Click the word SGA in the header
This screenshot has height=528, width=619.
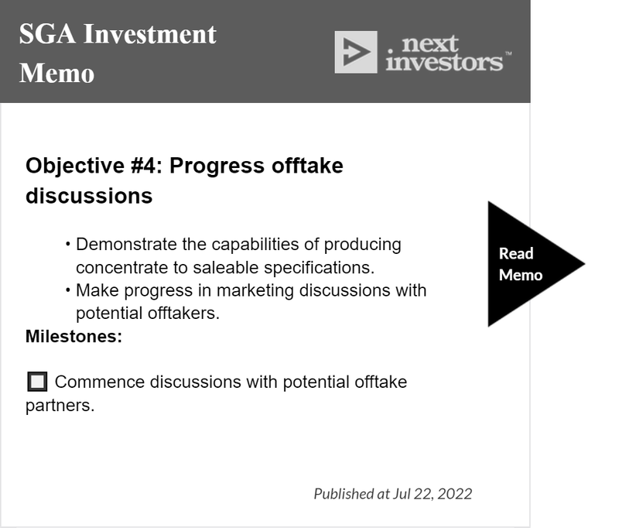(47, 34)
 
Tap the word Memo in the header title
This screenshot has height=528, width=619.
(56, 74)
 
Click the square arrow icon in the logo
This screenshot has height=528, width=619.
(356, 52)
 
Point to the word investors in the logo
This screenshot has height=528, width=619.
(444, 63)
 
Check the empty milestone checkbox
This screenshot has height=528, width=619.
(37, 382)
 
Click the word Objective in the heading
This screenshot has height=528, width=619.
(75, 166)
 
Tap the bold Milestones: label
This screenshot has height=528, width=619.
(74, 337)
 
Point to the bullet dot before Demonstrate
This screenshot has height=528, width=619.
(68, 245)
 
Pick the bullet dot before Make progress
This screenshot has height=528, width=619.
(68, 290)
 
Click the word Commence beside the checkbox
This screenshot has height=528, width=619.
(100, 382)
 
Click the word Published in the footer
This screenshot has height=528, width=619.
(344, 494)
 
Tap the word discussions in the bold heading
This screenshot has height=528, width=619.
(89, 196)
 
